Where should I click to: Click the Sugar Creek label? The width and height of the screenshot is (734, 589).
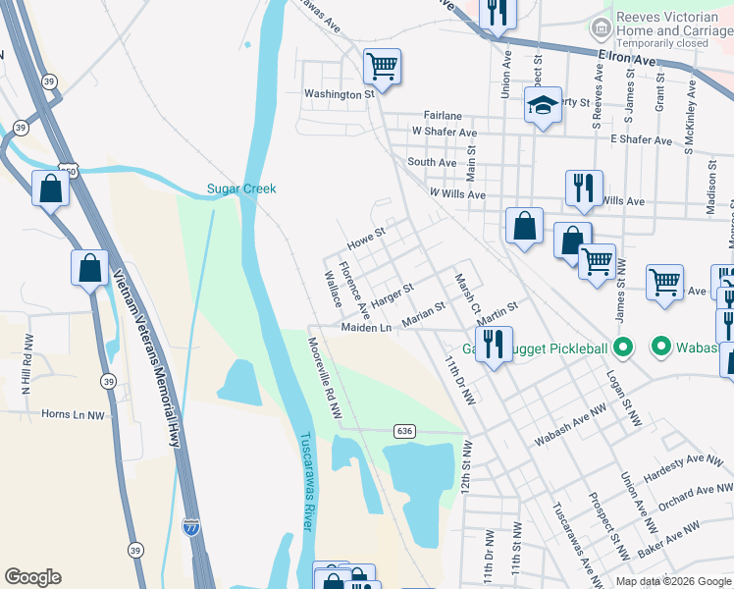(x=241, y=188)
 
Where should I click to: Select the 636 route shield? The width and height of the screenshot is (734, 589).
(x=404, y=431)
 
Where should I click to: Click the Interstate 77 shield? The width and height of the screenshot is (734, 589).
(x=190, y=528)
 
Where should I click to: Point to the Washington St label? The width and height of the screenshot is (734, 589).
(x=340, y=94)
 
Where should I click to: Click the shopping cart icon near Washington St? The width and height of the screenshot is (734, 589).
(x=382, y=67)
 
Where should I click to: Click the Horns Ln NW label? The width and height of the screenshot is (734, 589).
(x=73, y=414)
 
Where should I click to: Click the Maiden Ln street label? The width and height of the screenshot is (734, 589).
(x=366, y=327)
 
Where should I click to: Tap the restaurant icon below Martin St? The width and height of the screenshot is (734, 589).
(x=493, y=343)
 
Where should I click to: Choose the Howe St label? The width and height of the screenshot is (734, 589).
(x=367, y=237)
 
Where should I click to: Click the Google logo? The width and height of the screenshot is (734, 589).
(x=32, y=577)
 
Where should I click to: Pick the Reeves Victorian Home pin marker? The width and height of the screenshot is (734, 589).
(x=598, y=24)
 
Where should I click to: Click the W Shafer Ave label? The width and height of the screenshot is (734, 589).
(x=445, y=132)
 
